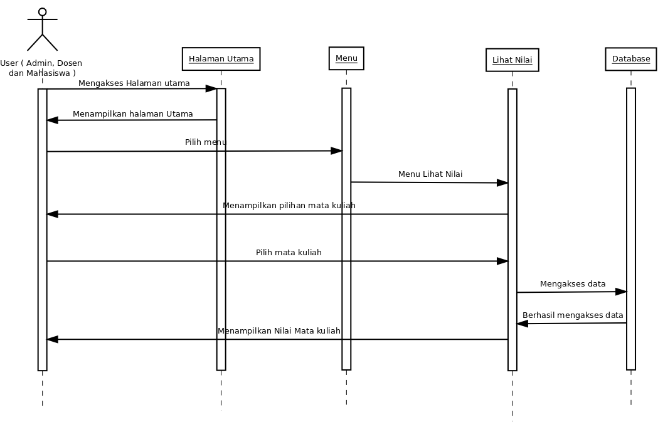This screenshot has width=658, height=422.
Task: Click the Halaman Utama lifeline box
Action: (x=221, y=59)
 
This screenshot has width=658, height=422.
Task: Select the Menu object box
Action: (x=346, y=58)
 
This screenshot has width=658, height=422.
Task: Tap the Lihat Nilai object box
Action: (x=512, y=60)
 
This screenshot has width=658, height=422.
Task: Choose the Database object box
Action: (x=631, y=59)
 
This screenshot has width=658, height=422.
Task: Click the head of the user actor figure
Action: (x=42, y=12)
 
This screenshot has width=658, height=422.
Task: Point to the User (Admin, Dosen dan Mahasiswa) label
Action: (x=41, y=68)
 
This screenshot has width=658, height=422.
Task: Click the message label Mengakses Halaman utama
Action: (x=134, y=83)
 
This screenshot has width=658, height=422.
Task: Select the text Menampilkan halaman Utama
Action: (x=132, y=114)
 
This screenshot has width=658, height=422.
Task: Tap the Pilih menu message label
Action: (x=205, y=142)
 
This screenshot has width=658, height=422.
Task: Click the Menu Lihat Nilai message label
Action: (x=430, y=174)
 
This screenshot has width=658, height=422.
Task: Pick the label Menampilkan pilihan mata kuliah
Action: (x=289, y=206)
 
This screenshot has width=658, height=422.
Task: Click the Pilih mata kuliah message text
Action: (x=289, y=253)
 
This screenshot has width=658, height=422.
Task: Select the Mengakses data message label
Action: (x=573, y=284)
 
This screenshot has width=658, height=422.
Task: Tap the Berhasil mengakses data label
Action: (x=573, y=315)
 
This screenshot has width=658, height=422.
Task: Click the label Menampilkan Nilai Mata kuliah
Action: (x=279, y=331)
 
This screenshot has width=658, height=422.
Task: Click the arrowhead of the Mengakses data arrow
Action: (x=621, y=292)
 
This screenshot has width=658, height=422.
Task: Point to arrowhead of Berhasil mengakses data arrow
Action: (x=523, y=324)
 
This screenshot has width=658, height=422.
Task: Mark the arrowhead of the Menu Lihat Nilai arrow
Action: (x=502, y=183)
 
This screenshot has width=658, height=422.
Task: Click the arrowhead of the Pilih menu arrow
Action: (x=336, y=151)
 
